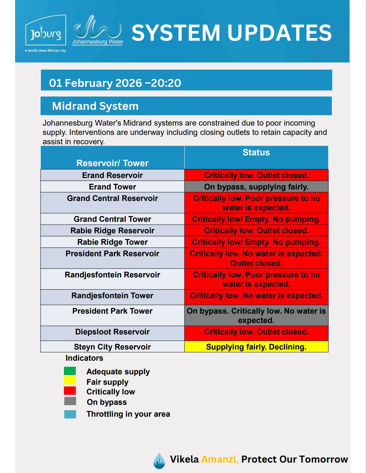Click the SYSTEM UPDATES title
pyautogui.click(x=231, y=33)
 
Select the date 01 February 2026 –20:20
pyautogui.click(x=115, y=83)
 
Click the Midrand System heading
pyautogui.click(x=95, y=106)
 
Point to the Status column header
pyautogui.click(x=256, y=153)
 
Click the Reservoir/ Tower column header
pyautogui.click(x=112, y=163)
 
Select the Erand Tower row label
pyautogui.click(x=112, y=187)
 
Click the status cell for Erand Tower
pyautogui.click(x=256, y=187)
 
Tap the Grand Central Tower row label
pyautogui.click(x=112, y=219)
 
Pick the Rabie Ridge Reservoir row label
pyautogui.click(x=112, y=230)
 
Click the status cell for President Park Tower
pyautogui.click(x=256, y=315)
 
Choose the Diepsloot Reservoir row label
pyautogui.click(x=112, y=332)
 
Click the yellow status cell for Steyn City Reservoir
pyautogui.click(x=256, y=347)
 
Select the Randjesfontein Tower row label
pyautogui.click(x=112, y=296)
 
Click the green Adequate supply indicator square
pyautogui.click(x=70, y=371)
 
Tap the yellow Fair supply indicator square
pyautogui.click(x=70, y=380)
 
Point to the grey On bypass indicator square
pyautogui.click(x=70, y=401)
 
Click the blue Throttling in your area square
pyautogui.click(x=70, y=414)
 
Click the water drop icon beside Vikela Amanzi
pyautogui.click(x=159, y=460)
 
